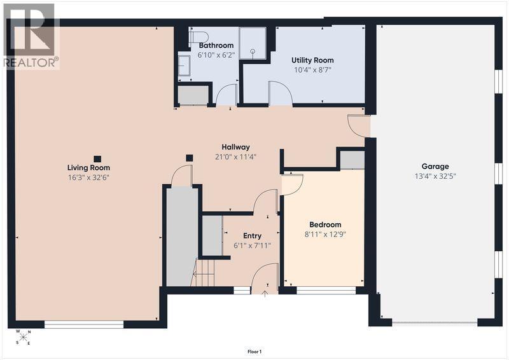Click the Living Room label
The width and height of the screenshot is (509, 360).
pyautogui.click(x=88, y=168)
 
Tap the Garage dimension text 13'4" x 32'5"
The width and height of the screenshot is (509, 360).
pyautogui.click(x=435, y=176)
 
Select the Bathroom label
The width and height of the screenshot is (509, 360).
pyautogui.click(x=216, y=45)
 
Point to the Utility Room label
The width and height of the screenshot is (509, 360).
pyautogui.click(x=312, y=60)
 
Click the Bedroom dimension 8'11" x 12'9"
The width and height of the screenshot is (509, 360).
pyautogui.click(x=325, y=234)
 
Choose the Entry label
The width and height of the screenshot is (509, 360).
pyautogui.click(x=252, y=236)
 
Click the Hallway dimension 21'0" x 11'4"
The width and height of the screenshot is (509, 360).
pyautogui.click(x=235, y=157)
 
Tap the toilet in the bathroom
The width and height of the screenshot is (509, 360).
pyautogui.click(x=198, y=38)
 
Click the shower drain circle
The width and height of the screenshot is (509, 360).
pyautogui.click(x=253, y=51)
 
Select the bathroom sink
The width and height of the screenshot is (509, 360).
pyautogui.click(x=184, y=66)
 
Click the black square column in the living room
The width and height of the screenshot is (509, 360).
pyautogui.click(x=97, y=159)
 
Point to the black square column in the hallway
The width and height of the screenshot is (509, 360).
pyautogui.click(x=189, y=158)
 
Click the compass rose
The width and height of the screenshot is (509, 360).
pyautogui.click(x=23, y=337)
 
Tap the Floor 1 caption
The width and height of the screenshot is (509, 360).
pyautogui.click(x=254, y=352)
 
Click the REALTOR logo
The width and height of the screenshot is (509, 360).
pyautogui.click(x=31, y=36)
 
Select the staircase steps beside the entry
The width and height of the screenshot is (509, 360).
pyautogui.click(x=204, y=273)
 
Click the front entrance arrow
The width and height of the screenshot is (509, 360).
pyautogui.click(x=265, y=294)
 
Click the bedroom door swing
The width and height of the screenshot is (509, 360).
pyautogui.click(x=292, y=184)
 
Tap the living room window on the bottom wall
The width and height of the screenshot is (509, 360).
pyautogui.click(x=84, y=324)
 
